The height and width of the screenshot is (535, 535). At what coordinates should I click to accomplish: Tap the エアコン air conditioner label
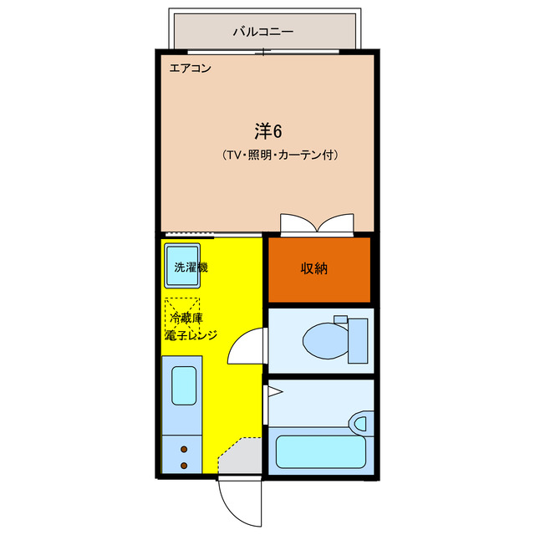click(x=190, y=69)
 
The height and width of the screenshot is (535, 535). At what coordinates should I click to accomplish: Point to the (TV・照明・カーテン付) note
click(x=280, y=155)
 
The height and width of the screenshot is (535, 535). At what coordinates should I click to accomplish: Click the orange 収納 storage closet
click(x=318, y=269)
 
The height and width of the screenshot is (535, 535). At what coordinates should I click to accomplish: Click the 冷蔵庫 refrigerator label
click(x=186, y=318)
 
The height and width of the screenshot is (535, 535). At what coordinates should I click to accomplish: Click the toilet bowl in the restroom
click(x=324, y=340)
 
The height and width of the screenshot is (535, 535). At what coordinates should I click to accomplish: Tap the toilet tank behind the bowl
click(x=358, y=340)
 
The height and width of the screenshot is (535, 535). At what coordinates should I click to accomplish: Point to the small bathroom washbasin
click(x=360, y=424)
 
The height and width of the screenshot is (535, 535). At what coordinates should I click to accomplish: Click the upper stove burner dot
click(x=184, y=449)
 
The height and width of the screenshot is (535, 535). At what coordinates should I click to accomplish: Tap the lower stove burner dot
click(x=184, y=466)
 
